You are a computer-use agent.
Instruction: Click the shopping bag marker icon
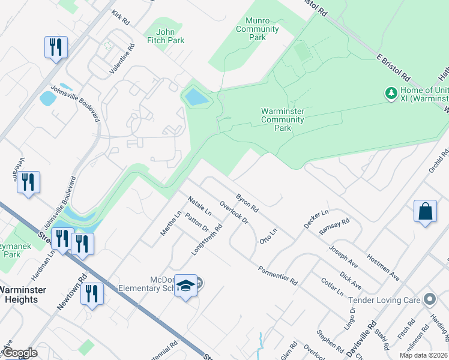click(425, 212)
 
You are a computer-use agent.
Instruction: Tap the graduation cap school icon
click(186, 286)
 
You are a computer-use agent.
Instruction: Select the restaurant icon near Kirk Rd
click(56, 47)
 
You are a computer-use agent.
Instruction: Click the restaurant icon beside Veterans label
click(28, 182)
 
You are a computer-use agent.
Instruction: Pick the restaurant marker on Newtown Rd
click(91, 294)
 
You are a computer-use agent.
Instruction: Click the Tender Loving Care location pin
click(429, 299)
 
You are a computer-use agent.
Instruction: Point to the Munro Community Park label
click(258, 29)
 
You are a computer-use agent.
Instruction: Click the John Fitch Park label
click(170, 36)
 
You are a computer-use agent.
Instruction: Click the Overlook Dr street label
click(234, 212)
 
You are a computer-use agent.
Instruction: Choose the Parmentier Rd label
click(278, 275)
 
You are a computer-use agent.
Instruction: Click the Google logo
click(19, 353)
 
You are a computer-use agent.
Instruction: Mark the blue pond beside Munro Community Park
click(197, 97)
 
